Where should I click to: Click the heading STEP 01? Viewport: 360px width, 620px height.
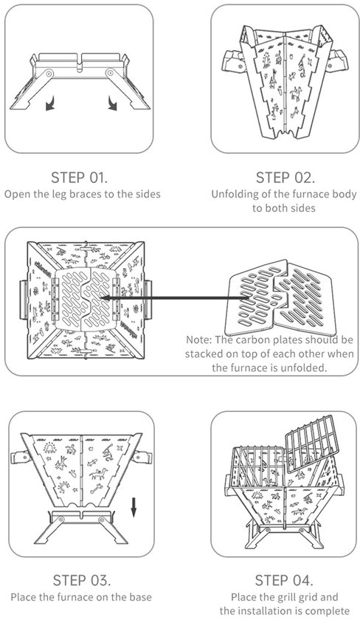coord(79,178)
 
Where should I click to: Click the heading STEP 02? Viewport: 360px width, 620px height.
coord(285,178)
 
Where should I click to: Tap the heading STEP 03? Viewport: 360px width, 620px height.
coord(82,580)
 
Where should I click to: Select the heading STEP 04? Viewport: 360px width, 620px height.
coord(284,580)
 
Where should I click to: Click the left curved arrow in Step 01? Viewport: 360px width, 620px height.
coord(50,104)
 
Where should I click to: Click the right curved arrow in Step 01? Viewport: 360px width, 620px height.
coord(112,104)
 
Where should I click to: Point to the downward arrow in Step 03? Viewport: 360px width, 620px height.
coord(134,507)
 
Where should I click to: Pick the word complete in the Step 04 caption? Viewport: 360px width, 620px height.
coord(329,610)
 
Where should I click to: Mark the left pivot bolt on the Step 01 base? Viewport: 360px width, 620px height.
coord(49,74)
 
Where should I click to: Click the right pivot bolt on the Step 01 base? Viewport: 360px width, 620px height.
coord(109,73)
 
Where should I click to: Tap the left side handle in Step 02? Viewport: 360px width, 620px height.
coord(234,61)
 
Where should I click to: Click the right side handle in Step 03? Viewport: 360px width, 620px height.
coord(142,457)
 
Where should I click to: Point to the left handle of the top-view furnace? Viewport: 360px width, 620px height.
coord(24,299)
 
